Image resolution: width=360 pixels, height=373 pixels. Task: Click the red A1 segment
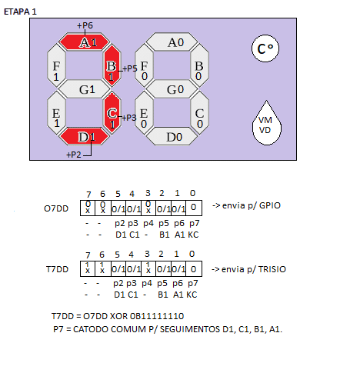(x=84, y=42)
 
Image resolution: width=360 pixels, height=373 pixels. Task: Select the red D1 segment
(x=84, y=136)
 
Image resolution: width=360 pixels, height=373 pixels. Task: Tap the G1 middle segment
(x=85, y=89)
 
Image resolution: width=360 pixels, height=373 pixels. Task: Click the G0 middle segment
(x=172, y=89)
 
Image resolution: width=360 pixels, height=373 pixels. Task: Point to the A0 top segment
(x=172, y=42)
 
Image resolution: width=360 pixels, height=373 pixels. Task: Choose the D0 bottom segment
(x=172, y=136)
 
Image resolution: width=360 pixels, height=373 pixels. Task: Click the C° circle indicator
(x=265, y=48)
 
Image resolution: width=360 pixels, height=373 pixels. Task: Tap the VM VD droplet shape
(x=266, y=125)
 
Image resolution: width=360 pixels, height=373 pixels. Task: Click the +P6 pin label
(x=85, y=25)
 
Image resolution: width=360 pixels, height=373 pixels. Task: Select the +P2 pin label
(x=74, y=155)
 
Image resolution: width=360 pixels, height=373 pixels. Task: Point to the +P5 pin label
(x=130, y=68)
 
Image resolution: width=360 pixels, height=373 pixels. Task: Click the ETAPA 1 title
(x=20, y=12)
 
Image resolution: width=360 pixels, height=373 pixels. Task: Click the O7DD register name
(x=56, y=208)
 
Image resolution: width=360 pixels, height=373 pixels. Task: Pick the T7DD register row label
(x=57, y=269)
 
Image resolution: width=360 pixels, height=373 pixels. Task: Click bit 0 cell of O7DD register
(x=194, y=208)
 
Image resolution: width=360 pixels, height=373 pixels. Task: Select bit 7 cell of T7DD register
(x=88, y=268)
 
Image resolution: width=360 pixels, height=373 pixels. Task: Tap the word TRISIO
(x=272, y=269)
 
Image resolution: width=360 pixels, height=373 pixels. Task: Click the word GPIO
(x=270, y=205)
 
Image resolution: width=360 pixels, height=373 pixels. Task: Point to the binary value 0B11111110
(x=157, y=316)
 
